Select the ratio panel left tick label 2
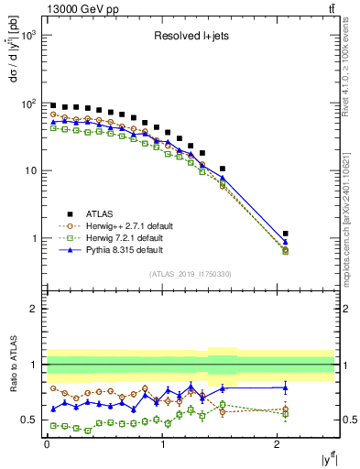pos(34,309)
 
